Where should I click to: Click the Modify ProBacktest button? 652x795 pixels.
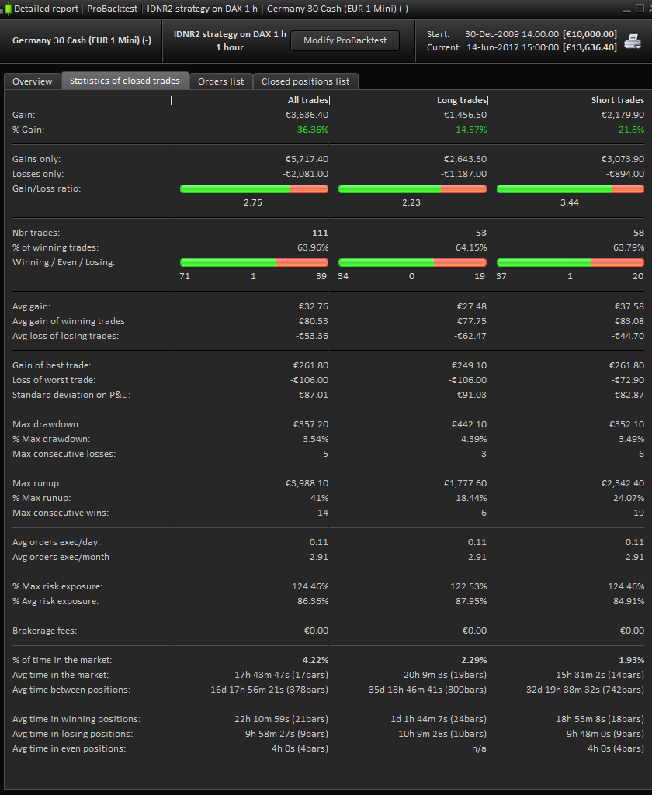[x=345, y=40]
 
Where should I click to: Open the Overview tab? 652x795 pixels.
[x=33, y=81]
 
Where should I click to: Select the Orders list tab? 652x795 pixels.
[x=220, y=81]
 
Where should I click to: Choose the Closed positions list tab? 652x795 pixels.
[x=305, y=81]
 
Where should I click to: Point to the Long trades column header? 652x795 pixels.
[x=462, y=100]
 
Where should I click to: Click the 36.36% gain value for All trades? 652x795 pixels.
[x=312, y=130]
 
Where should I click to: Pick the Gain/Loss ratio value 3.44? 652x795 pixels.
[x=570, y=202]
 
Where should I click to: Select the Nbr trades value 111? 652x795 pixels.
[x=320, y=233]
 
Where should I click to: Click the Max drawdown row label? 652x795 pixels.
[x=47, y=424]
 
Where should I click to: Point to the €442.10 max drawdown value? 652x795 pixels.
[x=469, y=424]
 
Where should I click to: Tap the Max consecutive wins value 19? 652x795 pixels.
[x=638, y=513]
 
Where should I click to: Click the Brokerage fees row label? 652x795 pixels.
[x=44, y=631]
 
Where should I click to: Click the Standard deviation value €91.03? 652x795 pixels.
[x=469, y=395]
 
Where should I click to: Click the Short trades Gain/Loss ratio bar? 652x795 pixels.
[x=570, y=188]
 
